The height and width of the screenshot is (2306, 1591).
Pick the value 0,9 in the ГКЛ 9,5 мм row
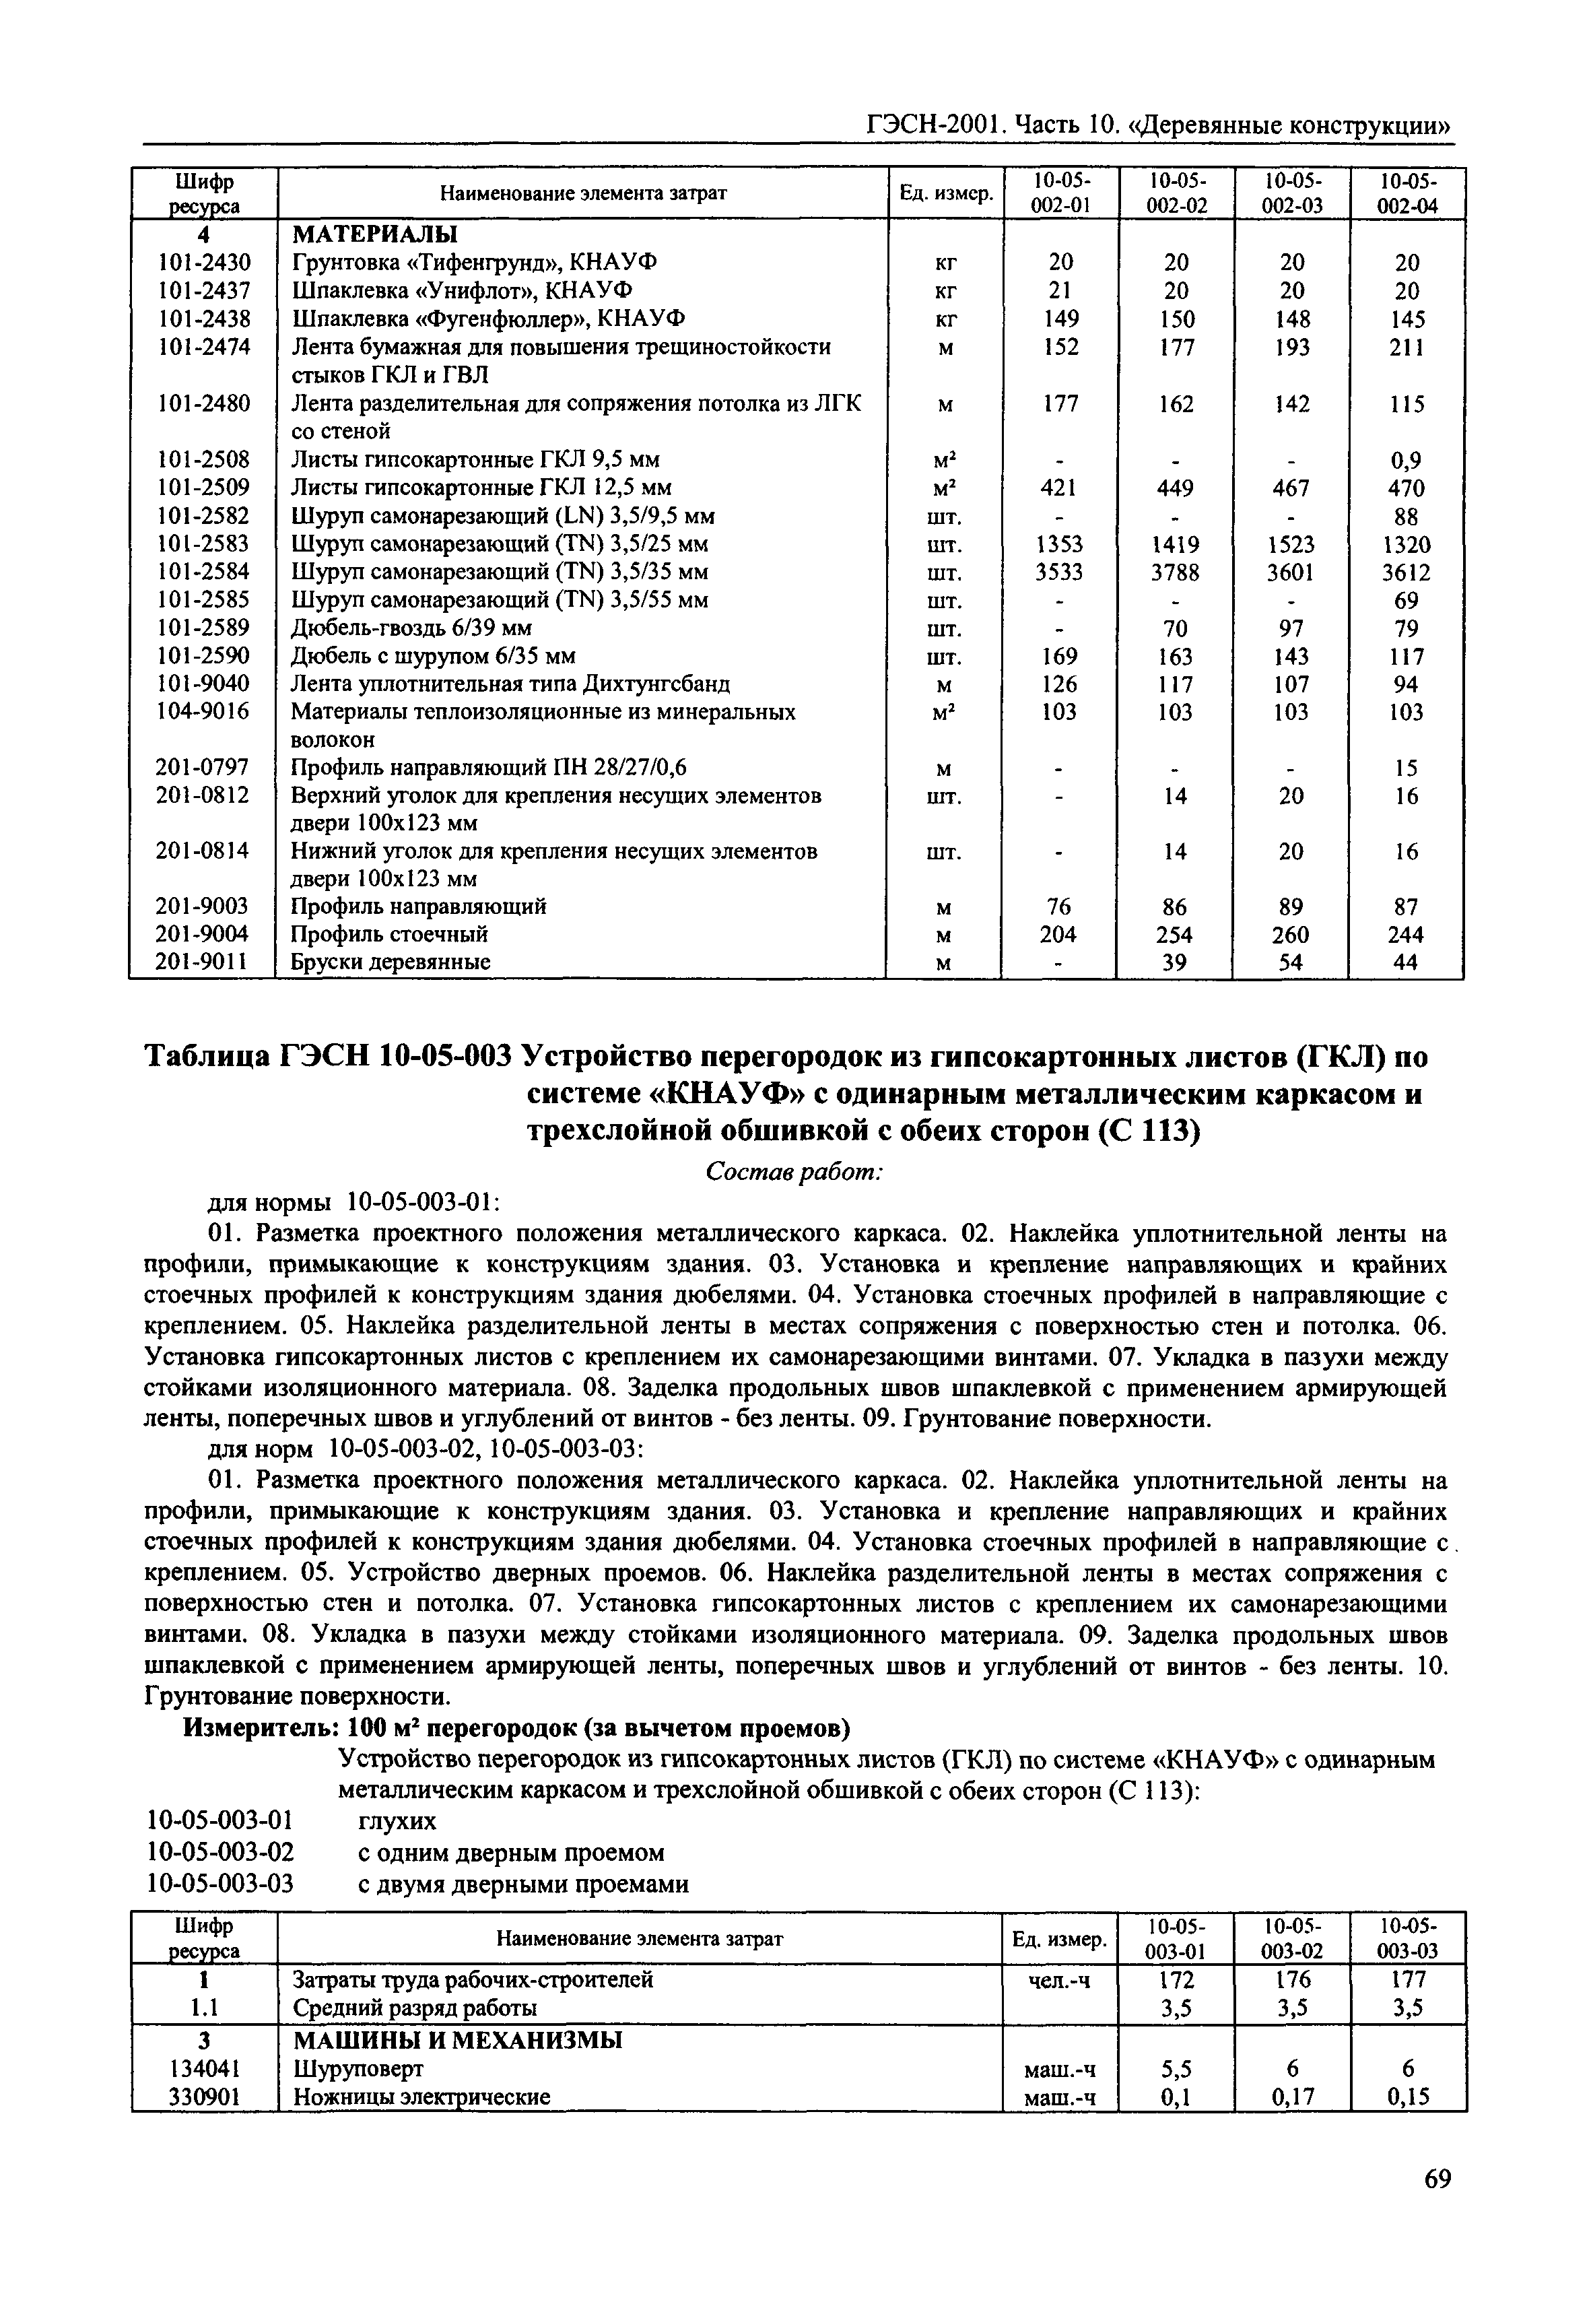pos(1407,461)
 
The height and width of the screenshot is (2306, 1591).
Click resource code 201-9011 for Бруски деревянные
pos(203,962)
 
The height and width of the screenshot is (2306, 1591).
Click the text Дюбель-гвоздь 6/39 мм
pos(411,628)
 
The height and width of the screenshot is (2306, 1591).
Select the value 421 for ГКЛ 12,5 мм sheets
pos(1060,488)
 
